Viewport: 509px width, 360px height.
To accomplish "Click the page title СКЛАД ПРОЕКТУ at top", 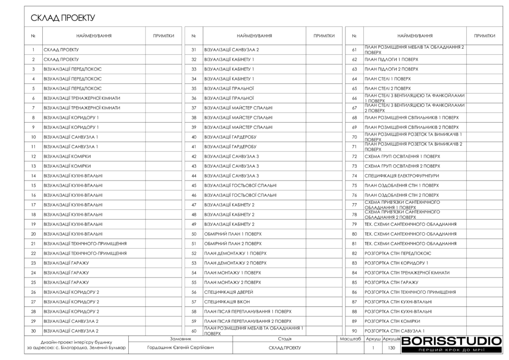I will pos(63,18).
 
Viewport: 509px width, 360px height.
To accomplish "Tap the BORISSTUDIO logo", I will pos(451,341).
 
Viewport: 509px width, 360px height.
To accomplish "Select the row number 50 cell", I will pos(194,234).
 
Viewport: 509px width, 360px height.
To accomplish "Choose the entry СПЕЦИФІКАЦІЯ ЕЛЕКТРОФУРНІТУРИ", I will pos(402,176).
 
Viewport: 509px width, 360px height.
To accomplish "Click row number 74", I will pos(354,176).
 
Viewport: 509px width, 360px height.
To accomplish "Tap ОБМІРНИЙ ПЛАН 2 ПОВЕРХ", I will pos(233,244).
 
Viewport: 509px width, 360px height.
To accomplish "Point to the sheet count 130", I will pos(391,349).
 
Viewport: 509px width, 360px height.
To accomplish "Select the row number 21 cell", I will pos(33,244).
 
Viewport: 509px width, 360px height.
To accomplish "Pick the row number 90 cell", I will pos(354,331).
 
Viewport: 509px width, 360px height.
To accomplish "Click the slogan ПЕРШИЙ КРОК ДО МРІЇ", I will pos(451,351).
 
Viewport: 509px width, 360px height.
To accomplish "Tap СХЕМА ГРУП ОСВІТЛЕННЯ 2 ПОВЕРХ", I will pos(402,166).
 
